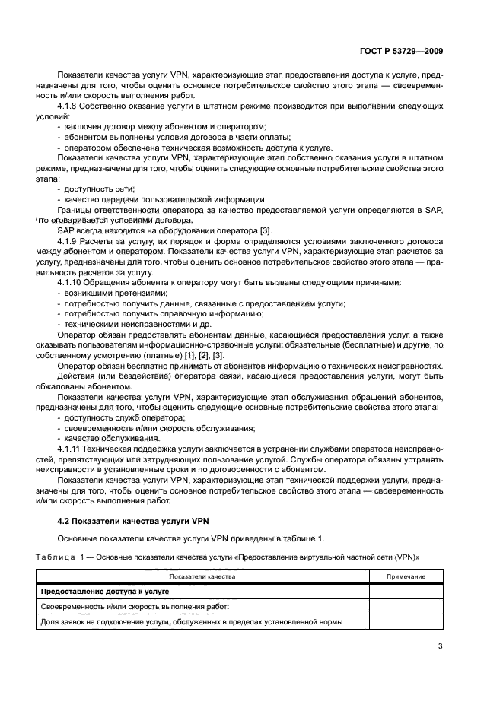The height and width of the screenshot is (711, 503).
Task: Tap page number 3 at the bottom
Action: (440, 647)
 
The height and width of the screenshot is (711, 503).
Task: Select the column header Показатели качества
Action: (202, 577)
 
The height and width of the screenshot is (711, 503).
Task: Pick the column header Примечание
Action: (406, 577)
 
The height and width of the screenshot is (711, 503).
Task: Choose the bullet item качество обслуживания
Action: (112, 440)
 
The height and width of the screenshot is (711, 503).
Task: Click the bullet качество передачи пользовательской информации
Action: (164, 198)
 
